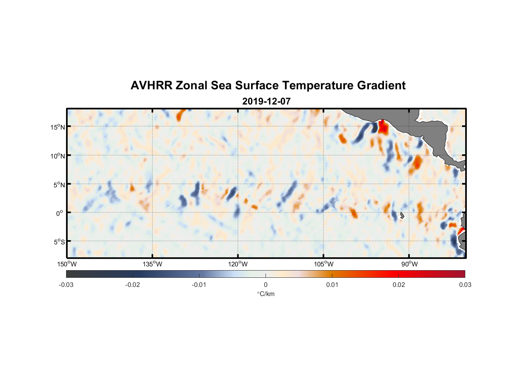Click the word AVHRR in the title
click(x=151, y=85)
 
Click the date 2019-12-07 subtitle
click(x=266, y=101)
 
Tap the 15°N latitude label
click(x=57, y=127)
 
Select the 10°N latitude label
click(x=57, y=156)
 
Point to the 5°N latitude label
click(x=58, y=185)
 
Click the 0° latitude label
click(x=60, y=213)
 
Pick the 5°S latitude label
click(x=58, y=242)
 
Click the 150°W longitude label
click(x=67, y=264)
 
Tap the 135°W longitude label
click(x=152, y=264)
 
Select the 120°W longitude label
click(x=238, y=264)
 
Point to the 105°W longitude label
click(x=324, y=264)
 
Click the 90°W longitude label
click(x=409, y=264)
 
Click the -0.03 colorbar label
click(x=66, y=285)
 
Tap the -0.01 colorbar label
click(x=199, y=285)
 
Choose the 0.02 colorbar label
click(x=399, y=285)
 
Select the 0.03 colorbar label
click(x=465, y=285)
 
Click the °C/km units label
click(x=265, y=294)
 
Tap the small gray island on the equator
click(x=402, y=215)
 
